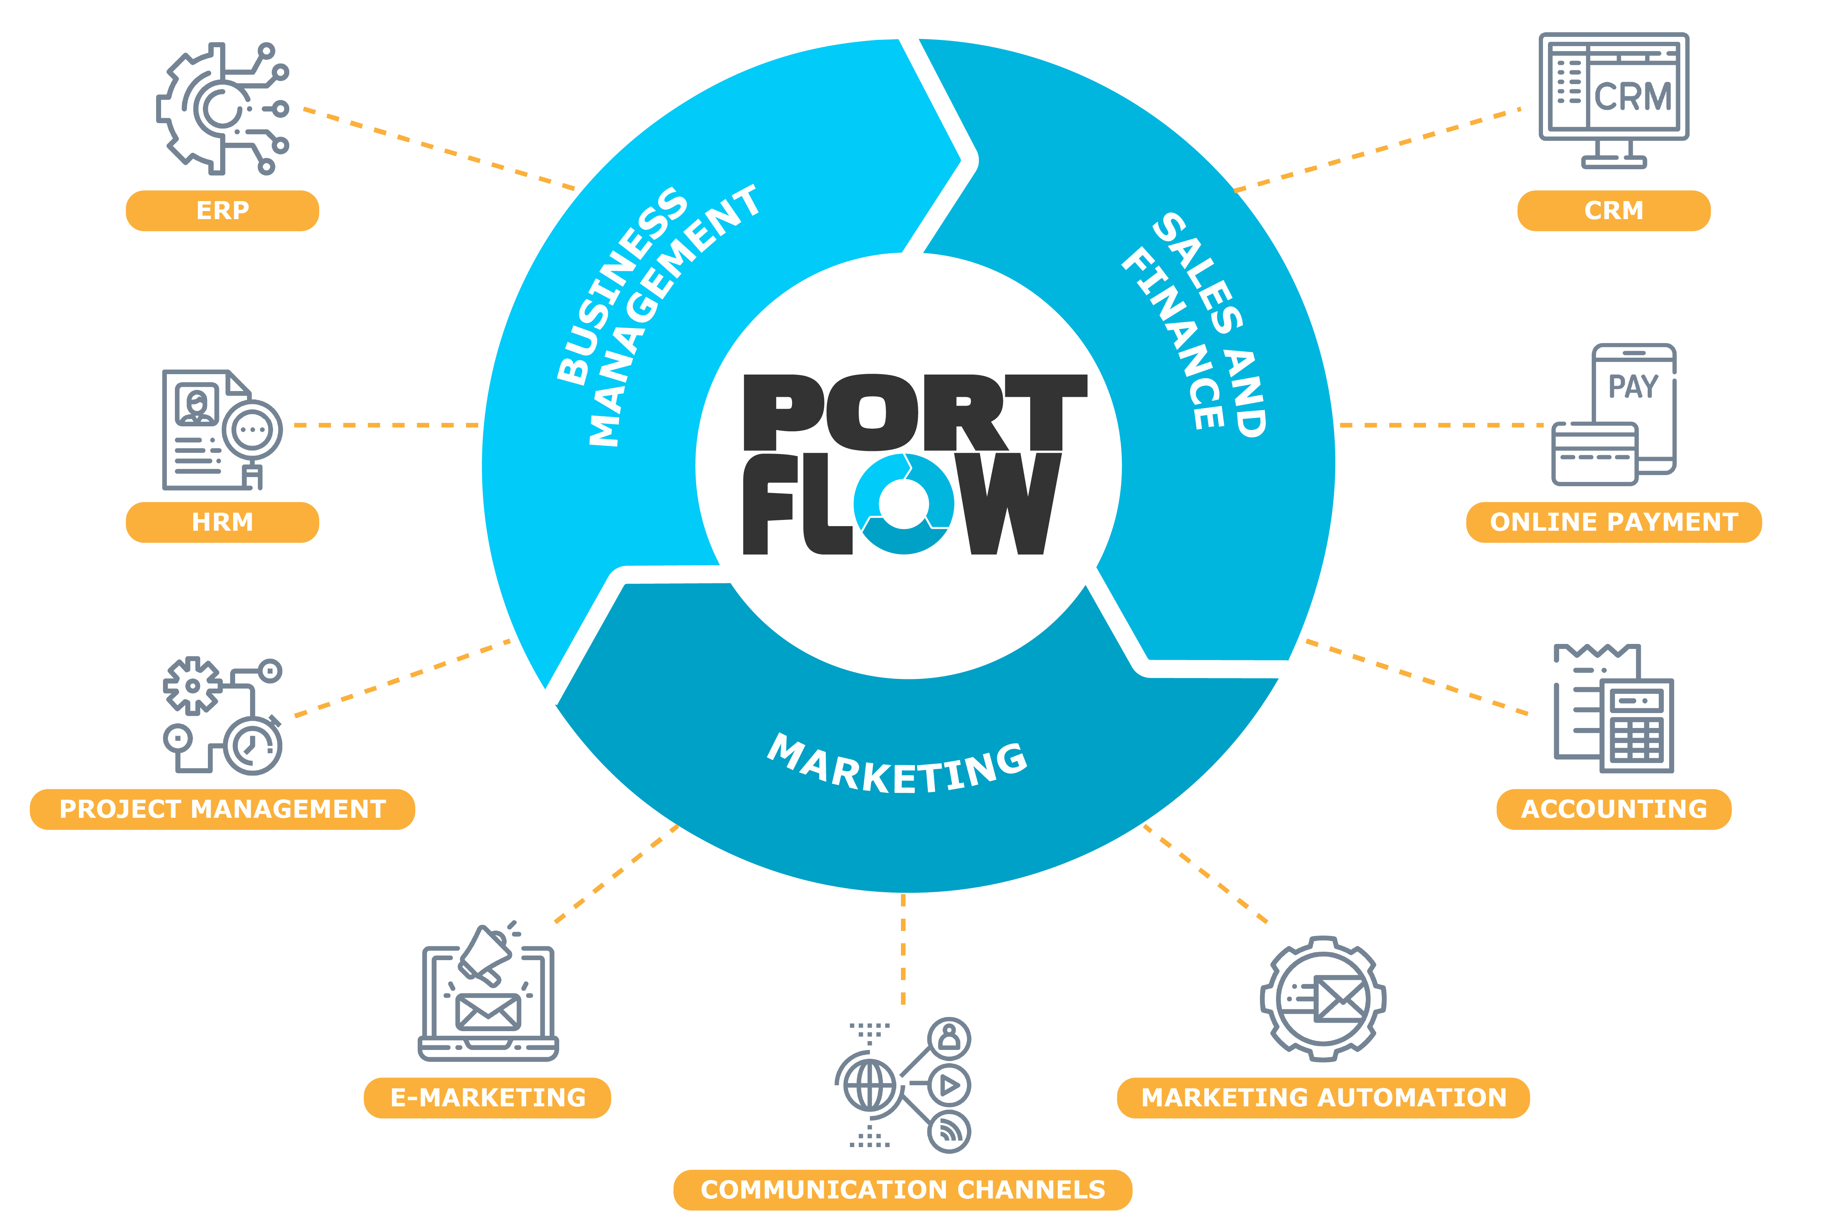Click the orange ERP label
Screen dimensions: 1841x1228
222,211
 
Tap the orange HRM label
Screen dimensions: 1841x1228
222,522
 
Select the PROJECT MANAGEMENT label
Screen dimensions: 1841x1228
222,809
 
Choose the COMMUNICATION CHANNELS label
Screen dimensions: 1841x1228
902,1190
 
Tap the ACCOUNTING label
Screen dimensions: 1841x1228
1614,809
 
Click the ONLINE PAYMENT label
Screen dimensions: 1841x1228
1614,522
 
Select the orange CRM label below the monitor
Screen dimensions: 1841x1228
1614,211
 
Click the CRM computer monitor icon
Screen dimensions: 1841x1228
1614,100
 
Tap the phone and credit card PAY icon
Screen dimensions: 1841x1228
1614,414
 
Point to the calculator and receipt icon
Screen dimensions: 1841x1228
1614,708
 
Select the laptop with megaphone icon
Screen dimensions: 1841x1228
488,992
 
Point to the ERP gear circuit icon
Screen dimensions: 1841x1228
222,108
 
